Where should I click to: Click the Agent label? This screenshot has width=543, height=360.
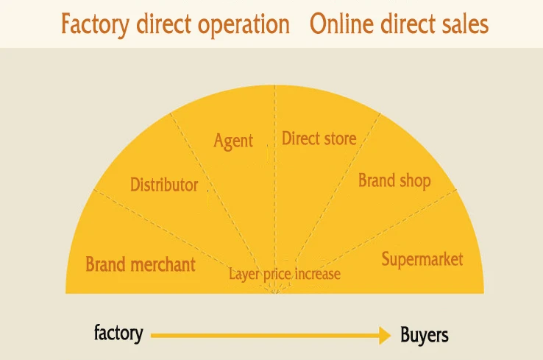[233, 141]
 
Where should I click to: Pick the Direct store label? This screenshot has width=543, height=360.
[319, 138]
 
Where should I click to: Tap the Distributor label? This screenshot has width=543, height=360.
[164, 185]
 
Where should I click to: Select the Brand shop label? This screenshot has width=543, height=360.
[394, 180]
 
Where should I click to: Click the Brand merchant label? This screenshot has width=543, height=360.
[141, 264]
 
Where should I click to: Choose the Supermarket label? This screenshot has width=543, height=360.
[422, 259]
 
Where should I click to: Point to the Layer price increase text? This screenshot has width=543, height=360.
[284, 275]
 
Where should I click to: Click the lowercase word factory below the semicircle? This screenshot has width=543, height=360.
[118, 333]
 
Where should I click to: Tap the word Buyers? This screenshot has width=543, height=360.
[425, 336]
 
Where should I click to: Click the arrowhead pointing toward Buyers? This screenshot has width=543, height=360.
[384, 336]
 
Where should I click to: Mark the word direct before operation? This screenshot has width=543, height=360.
[167, 24]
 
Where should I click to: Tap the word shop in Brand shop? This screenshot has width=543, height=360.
[414, 180]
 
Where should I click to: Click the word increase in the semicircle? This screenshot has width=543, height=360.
[317, 275]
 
